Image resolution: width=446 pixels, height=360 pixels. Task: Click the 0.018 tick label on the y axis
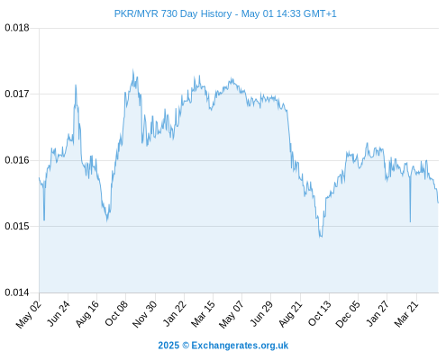coord(17,28)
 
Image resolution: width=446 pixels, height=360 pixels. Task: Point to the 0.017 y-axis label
coord(17,94)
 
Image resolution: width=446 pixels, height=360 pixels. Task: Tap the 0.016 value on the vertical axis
coord(17,160)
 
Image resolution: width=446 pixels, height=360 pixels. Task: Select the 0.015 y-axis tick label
coord(17,226)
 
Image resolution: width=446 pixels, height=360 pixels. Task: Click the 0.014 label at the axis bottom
coord(17,292)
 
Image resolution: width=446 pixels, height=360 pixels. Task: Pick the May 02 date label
coord(29,314)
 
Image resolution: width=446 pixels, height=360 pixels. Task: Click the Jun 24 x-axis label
coord(59,313)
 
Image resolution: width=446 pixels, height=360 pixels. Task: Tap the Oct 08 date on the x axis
coord(116,313)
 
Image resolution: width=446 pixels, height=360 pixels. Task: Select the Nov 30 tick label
coord(145,314)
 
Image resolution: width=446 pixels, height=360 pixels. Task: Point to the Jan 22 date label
coord(174,313)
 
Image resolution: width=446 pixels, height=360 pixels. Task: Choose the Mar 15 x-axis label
coord(203,314)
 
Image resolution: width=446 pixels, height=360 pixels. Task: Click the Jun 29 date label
coord(261,313)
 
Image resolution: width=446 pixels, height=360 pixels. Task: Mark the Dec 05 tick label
coord(348,314)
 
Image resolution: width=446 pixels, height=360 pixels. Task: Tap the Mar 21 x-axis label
coord(406,314)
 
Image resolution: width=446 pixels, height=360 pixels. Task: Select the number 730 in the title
coord(169,13)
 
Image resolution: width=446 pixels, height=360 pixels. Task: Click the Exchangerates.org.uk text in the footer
coord(240,346)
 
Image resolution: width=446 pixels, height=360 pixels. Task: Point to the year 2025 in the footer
coord(168,346)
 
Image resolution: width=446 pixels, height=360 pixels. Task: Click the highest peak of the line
coord(133,69)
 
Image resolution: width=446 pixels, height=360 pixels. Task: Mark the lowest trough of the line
coord(320,237)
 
